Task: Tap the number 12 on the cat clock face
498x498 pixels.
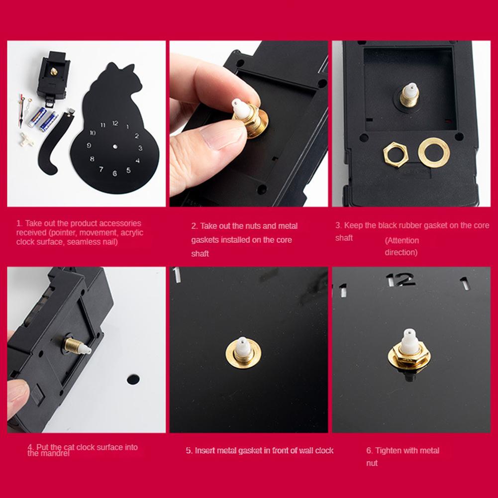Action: pyautogui.click(x=115, y=123)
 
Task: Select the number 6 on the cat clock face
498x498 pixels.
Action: pyautogui.click(x=114, y=173)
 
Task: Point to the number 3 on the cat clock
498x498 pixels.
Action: pyautogui.click(x=140, y=148)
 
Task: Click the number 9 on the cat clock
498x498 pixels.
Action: pyautogui.click(x=89, y=145)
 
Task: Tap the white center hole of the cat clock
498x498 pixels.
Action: pyautogui.click(x=115, y=146)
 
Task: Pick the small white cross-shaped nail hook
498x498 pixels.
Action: pyautogui.click(x=27, y=139)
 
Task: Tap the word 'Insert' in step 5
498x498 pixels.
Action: pyautogui.click(x=203, y=450)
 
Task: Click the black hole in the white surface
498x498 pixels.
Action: pyautogui.click(x=133, y=379)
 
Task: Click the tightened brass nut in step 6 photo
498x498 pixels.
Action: pyautogui.click(x=409, y=355)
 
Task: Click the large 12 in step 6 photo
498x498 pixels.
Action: pyautogui.click(x=400, y=280)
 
